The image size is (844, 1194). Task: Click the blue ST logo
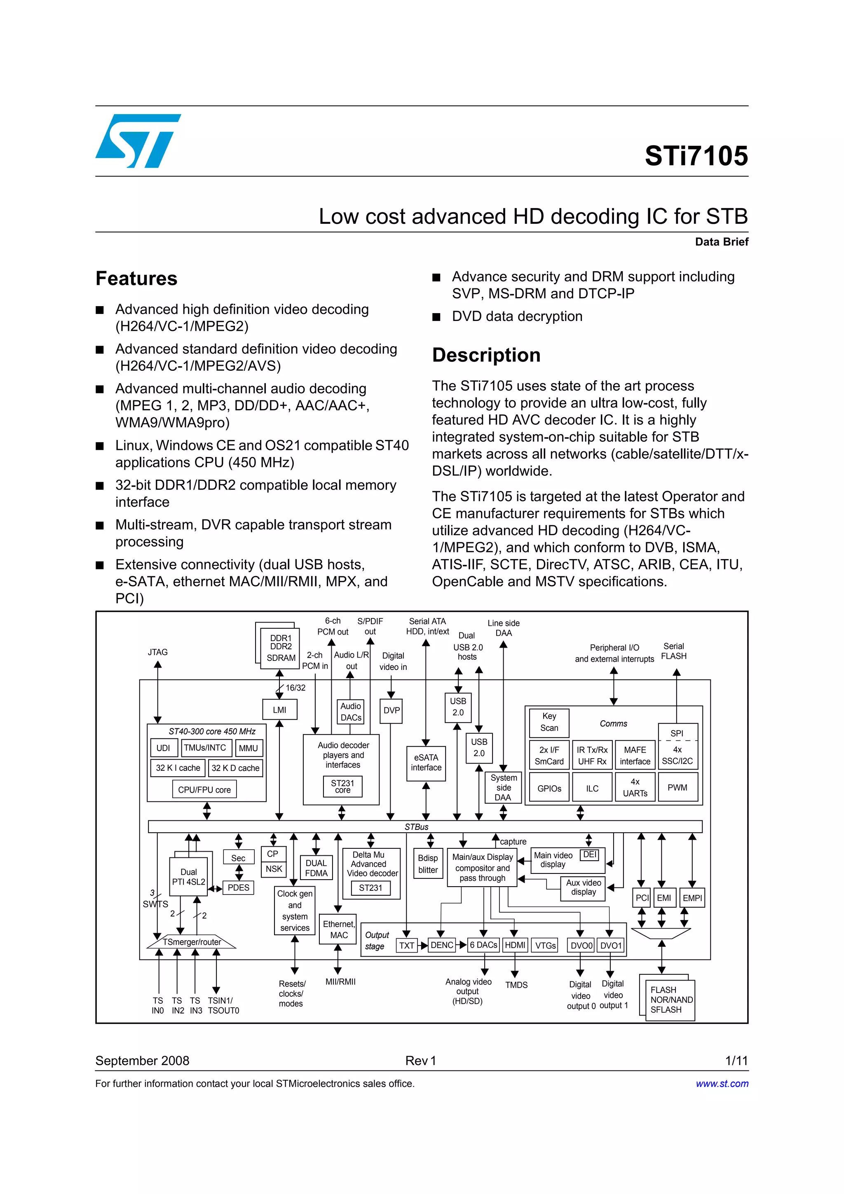pos(138,140)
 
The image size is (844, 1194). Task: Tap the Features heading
pos(136,279)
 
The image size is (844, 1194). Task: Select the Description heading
pos(486,355)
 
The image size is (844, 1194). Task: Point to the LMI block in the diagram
pos(279,710)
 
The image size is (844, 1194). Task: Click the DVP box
pos(391,710)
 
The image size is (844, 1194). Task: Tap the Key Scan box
pos(549,722)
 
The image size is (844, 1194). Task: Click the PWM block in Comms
pos(677,787)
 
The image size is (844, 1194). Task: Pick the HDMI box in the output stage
pos(515,945)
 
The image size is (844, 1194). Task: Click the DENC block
pos(442,945)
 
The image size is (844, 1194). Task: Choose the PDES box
pos(238,888)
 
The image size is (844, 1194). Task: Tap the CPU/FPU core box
pos(204,789)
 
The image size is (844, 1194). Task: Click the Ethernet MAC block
pos(338,929)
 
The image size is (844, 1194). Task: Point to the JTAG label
pos(157,652)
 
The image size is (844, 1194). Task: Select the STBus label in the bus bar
pos(417,827)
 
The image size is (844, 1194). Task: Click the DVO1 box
pos(611,946)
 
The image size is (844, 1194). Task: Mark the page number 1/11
pos(736,1061)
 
